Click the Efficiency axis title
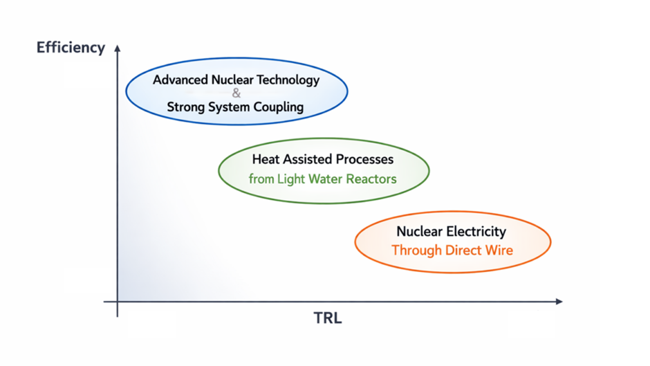(71, 48)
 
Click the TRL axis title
(328, 319)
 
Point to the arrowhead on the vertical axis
(118, 48)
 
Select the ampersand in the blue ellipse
(236, 93)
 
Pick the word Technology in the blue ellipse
(288, 80)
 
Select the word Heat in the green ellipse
(265, 159)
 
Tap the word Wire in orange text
(499, 250)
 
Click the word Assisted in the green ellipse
(308, 159)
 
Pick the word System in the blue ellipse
(232, 107)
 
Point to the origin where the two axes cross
(118, 302)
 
